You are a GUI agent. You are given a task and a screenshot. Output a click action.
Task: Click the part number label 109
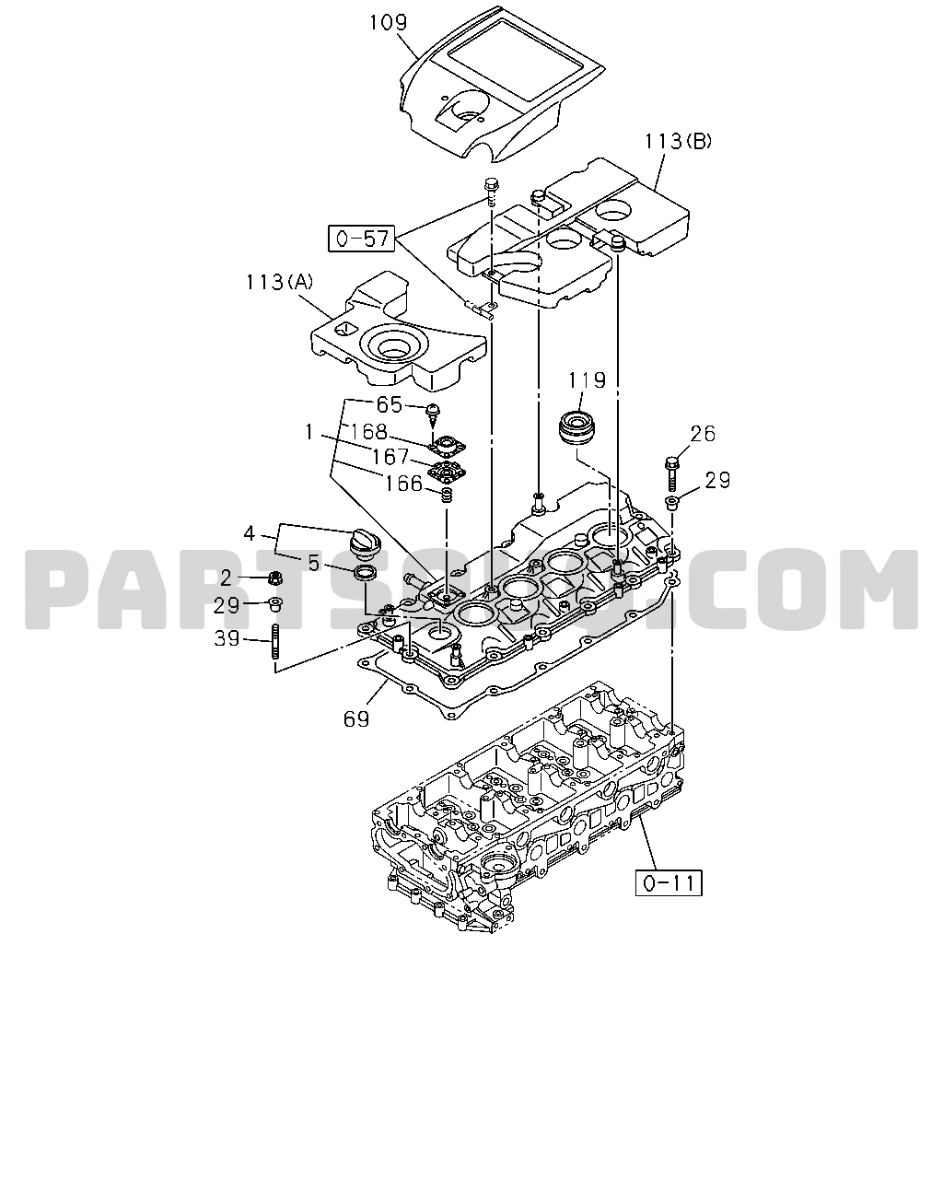(x=388, y=22)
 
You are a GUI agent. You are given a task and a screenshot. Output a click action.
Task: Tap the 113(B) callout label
(x=678, y=142)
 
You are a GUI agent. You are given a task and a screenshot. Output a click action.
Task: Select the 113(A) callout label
(x=279, y=282)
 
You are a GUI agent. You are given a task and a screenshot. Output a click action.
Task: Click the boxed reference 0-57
(x=362, y=239)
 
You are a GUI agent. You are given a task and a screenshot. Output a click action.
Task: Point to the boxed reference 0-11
(x=669, y=882)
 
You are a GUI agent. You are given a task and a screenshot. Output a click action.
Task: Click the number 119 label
(x=587, y=380)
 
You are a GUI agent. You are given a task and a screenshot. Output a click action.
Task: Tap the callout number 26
(x=703, y=434)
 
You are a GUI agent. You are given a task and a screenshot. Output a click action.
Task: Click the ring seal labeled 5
(x=365, y=574)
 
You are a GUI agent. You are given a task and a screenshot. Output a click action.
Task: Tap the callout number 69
(x=356, y=719)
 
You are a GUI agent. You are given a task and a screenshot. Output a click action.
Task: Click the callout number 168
(x=367, y=432)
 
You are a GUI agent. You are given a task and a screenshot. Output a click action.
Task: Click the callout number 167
(x=390, y=457)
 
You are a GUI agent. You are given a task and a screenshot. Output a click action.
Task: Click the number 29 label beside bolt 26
(x=717, y=481)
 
